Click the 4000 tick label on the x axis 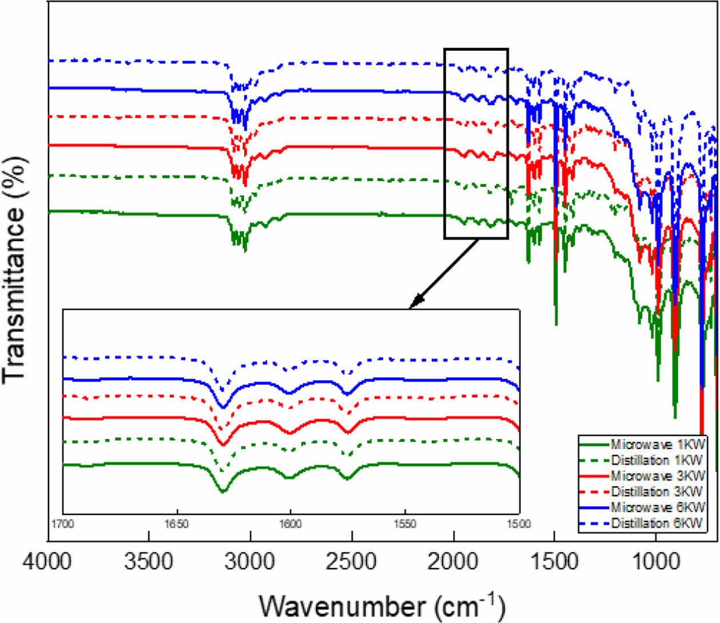(x=47, y=561)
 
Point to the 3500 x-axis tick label (x=149, y=561)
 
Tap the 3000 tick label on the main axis (x=250, y=561)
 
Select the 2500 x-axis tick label (x=351, y=561)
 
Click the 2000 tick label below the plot (x=453, y=561)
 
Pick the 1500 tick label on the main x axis (x=554, y=561)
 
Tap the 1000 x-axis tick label (x=655, y=561)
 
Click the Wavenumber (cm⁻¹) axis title (x=382, y=605)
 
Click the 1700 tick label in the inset (x=63, y=524)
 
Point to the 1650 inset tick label (x=177, y=524)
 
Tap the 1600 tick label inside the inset (x=290, y=524)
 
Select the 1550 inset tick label (x=405, y=524)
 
